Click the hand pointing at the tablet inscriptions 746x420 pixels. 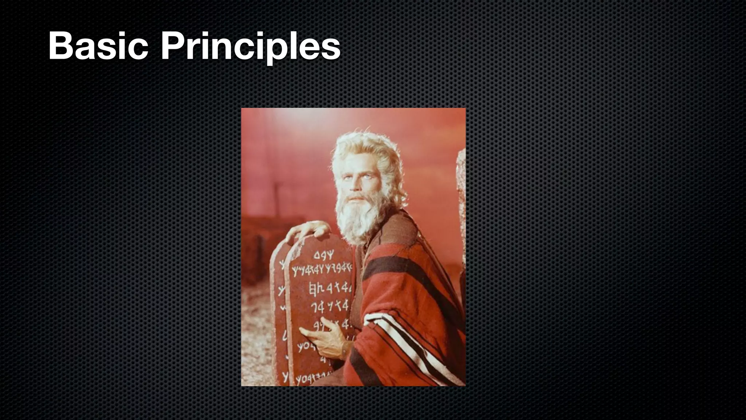(x=321, y=334)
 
